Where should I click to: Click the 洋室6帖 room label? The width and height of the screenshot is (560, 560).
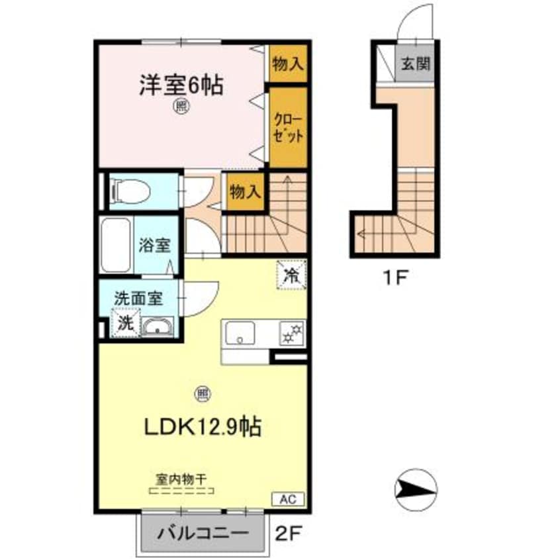click(x=180, y=86)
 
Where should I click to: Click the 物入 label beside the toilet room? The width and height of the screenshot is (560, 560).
click(x=245, y=192)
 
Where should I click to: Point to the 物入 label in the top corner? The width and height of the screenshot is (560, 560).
click(x=288, y=64)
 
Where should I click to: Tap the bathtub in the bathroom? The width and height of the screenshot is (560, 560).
click(x=116, y=246)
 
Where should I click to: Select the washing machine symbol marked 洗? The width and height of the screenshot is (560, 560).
click(x=126, y=323)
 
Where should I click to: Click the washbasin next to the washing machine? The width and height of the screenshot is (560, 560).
click(x=158, y=326)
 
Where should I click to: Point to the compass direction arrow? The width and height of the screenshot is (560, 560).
click(x=416, y=490)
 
